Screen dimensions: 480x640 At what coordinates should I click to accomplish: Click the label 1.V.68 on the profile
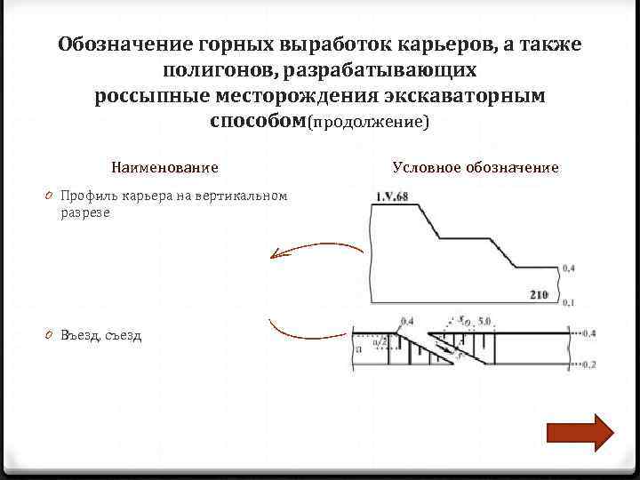tap(391, 196)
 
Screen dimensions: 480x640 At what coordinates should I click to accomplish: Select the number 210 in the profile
tap(538, 294)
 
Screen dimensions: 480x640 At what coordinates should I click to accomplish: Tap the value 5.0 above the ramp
tap(484, 320)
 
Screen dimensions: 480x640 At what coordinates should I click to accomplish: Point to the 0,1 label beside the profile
tap(568, 303)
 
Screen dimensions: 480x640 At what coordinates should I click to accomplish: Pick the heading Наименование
tap(165, 167)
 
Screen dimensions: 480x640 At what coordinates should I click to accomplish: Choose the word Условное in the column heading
tap(425, 167)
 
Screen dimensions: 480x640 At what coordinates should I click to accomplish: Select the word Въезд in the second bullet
tap(80, 335)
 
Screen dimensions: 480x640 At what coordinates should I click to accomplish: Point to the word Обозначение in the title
tap(121, 44)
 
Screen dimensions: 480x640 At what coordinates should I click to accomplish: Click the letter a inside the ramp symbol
tap(357, 350)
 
